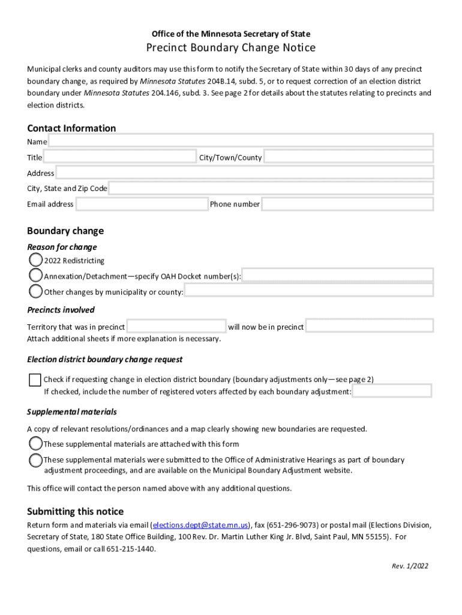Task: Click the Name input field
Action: pos(240,141)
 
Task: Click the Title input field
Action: pos(120,157)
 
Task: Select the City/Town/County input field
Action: pos(349,157)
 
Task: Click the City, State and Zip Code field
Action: pos(271,189)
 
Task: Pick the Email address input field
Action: pos(142,204)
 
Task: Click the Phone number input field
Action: pos(347,204)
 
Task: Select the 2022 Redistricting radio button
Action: pos(36,261)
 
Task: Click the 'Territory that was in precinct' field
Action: pos(176,327)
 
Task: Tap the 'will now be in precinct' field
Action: pos(369,327)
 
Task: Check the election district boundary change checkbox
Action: pos(35,380)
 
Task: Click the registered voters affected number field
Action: pos(392,392)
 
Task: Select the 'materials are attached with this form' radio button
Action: pos(36,444)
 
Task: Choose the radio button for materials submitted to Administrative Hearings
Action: pos(36,460)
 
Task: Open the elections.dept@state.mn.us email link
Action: pos(200,525)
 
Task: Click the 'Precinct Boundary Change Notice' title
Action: pos(231,48)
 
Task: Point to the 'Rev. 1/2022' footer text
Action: pos(410,566)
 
